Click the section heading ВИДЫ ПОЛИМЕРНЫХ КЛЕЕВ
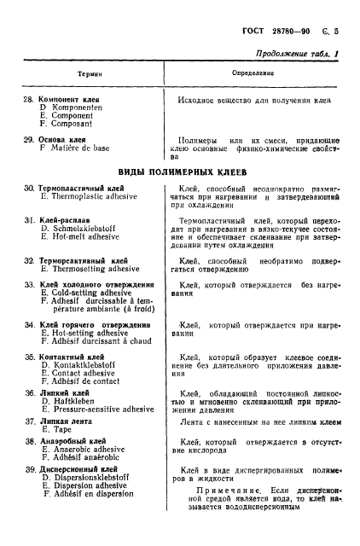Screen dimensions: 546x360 pyautogui.click(x=181, y=171)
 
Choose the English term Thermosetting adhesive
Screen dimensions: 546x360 pyautogui.click(x=93, y=268)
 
